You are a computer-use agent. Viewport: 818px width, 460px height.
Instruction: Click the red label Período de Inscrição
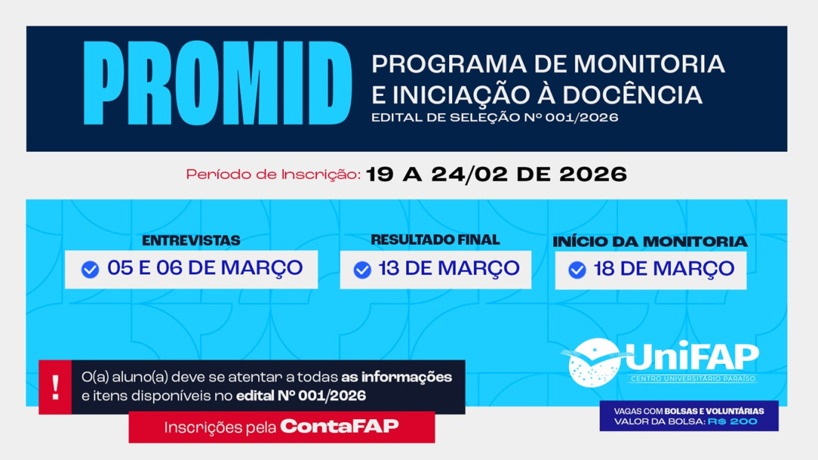coord(273,175)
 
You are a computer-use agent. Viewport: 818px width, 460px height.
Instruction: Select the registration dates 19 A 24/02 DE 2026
coord(497,174)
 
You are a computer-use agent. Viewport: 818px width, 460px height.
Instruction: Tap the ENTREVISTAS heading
coord(191,240)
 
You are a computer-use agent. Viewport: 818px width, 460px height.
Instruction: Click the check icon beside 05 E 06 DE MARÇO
coord(90,269)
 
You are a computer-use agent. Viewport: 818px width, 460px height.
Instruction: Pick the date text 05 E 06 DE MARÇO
coord(205,268)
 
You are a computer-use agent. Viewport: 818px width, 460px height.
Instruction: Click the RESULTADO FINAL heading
coord(435,240)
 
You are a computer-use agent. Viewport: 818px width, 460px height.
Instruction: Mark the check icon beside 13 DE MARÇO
coord(362,269)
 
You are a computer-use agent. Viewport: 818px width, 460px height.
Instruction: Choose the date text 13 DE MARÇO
coord(448,268)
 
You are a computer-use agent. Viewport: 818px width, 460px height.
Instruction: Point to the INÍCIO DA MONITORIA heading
coord(650,241)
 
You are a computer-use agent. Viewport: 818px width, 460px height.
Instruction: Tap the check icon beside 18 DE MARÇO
coord(577,269)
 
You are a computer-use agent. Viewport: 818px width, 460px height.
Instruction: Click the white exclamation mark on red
coord(56,387)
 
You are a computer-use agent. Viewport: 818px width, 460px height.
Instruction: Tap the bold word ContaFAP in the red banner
coord(339,427)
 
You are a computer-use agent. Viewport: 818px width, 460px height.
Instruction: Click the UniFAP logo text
coord(692,357)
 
